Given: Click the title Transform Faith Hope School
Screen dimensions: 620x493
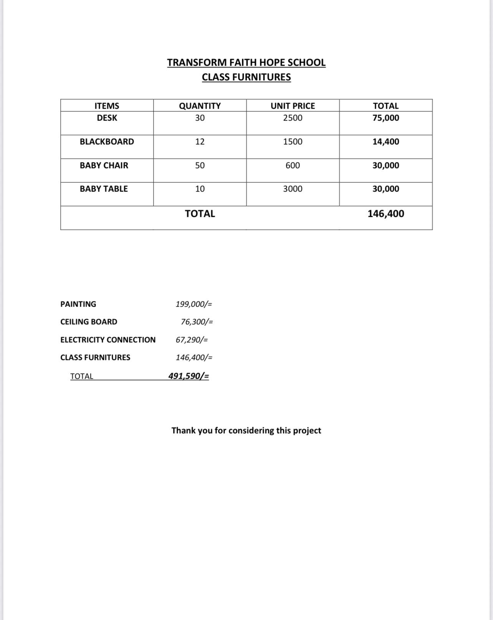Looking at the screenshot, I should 246,63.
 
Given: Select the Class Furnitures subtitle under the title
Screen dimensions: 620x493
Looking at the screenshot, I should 246,77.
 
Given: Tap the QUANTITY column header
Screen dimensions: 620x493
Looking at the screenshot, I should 200,106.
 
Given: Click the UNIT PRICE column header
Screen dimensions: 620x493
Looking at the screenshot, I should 293,106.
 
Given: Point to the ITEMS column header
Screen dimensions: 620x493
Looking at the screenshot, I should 107,106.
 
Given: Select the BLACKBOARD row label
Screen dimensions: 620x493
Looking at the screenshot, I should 107,142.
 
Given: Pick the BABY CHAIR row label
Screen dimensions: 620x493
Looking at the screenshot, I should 104,165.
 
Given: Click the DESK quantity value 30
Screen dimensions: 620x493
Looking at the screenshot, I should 200,118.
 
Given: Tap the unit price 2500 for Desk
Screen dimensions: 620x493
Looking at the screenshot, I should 293,118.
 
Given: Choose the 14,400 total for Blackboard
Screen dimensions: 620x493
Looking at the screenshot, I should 385,142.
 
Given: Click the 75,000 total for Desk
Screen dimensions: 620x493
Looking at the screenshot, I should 385,118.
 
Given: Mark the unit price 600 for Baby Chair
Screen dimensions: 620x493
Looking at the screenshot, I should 293,165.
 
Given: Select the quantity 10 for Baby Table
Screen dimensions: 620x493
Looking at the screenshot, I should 200,189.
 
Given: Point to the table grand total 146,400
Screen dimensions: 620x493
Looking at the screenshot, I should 385,214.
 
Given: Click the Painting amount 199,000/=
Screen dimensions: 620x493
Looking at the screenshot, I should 194,304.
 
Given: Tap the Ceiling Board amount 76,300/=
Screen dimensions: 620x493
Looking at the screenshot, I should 197,322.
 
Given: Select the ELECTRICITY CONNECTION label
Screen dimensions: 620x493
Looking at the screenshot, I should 108,340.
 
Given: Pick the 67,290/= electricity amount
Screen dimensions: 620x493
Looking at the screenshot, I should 192,340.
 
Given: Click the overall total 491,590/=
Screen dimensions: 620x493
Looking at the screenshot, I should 189,376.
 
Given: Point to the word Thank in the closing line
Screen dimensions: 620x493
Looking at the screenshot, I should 184,430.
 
